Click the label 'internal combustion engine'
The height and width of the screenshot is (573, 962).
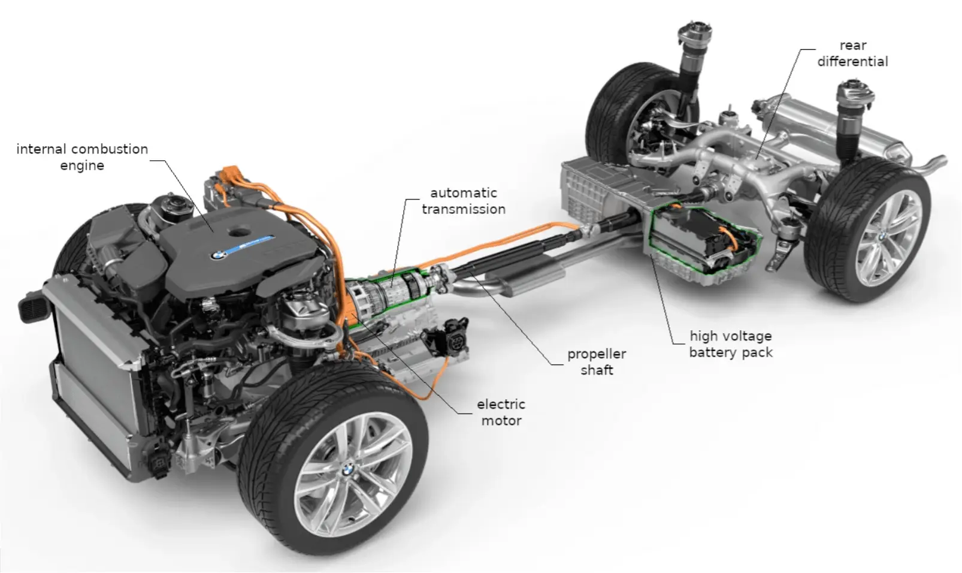tap(82, 157)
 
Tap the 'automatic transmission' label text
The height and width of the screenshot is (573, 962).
tap(463, 201)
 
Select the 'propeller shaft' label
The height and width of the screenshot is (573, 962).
tap(596, 362)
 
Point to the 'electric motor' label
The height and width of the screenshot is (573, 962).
tap(501, 412)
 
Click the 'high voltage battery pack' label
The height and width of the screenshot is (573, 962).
tap(730, 344)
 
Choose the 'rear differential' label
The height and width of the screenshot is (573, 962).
tap(852, 53)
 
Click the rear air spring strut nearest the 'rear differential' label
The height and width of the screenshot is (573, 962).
tap(853, 117)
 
